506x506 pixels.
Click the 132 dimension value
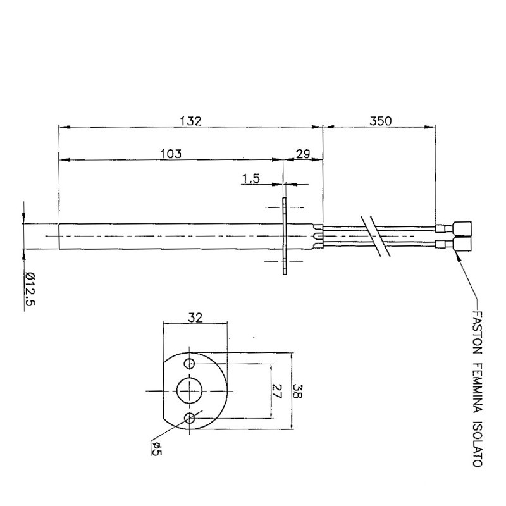(x=191, y=121)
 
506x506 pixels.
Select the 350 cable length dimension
(x=381, y=121)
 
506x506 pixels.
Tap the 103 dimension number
(x=171, y=154)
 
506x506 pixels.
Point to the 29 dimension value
(x=303, y=154)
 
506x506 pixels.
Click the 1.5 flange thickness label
(x=251, y=178)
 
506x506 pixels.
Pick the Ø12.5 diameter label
(x=30, y=288)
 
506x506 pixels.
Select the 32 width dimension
(x=195, y=318)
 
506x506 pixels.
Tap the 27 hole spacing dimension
(x=277, y=391)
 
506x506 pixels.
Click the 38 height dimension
(x=297, y=391)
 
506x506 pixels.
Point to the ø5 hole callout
(x=156, y=448)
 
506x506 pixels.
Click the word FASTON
(x=478, y=333)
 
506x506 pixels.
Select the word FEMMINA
(x=478, y=387)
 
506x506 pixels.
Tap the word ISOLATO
(x=478, y=444)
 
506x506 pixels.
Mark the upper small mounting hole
(x=189, y=364)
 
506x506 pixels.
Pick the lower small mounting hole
(x=189, y=418)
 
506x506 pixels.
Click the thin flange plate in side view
(x=284, y=236)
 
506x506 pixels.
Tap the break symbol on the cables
(x=376, y=236)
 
